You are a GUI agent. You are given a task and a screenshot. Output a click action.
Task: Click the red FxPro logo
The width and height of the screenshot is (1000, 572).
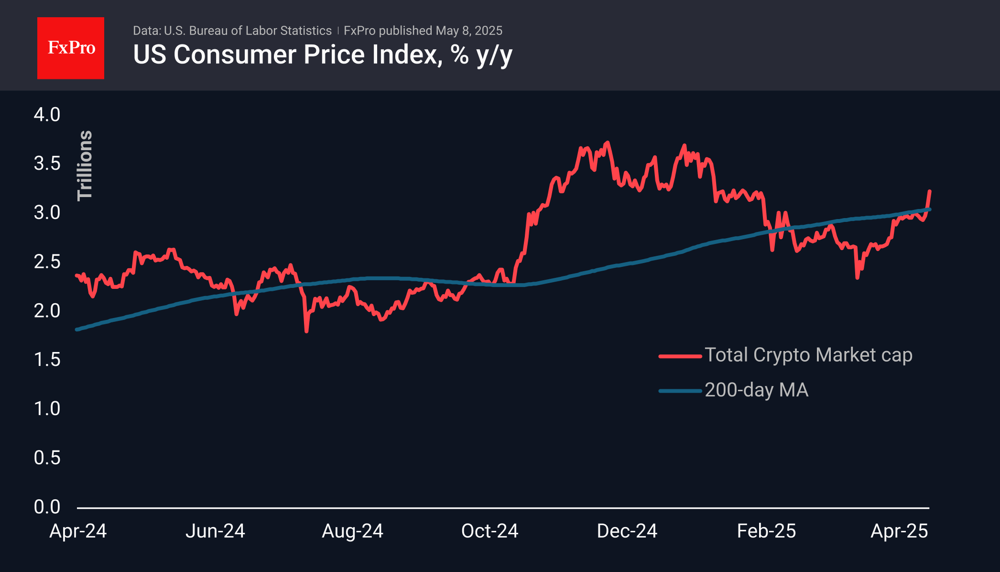(71, 48)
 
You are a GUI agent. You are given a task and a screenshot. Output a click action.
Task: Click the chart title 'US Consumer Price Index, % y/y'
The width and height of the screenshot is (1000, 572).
(323, 55)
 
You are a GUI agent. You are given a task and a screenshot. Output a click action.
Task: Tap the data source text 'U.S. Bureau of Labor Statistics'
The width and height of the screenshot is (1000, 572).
(248, 31)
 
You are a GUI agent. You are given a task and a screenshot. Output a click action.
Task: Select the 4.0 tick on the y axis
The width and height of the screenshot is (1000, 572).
(47, 115)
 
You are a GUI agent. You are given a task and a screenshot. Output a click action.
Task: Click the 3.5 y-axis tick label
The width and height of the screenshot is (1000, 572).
(47, 164)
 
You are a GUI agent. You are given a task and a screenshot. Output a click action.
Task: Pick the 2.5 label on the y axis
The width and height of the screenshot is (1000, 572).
(47, 262)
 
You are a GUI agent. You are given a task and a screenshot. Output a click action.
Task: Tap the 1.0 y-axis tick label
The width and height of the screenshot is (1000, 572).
(47, 409)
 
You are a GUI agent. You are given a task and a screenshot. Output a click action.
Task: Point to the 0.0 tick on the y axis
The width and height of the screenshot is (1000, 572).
(47, 507)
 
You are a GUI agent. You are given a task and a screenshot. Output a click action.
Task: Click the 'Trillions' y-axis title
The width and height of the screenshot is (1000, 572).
(85, 165)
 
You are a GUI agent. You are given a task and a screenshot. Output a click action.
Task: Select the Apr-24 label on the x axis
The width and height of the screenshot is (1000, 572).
(78, 531)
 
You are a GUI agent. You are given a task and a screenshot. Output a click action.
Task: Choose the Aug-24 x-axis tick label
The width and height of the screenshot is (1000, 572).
(352, 531)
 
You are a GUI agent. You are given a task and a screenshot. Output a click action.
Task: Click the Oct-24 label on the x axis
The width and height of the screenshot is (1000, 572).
(489, 531)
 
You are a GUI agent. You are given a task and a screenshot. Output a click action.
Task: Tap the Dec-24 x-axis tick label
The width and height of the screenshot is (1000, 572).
(627, 531)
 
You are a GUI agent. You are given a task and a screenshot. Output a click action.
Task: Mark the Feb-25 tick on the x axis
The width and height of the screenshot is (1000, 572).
(766, 531)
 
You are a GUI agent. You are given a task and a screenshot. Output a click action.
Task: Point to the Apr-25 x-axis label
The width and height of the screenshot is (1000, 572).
(899, 531)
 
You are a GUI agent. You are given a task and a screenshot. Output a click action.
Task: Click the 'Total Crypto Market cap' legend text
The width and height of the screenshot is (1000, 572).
(808, 355)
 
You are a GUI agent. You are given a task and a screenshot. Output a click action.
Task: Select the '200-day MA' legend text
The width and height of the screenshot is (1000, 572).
(756, 390)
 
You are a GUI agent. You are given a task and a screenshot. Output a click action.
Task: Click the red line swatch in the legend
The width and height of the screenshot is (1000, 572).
(680, 356)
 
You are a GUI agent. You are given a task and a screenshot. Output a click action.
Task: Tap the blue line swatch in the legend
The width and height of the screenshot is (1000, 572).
(680, 391)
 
